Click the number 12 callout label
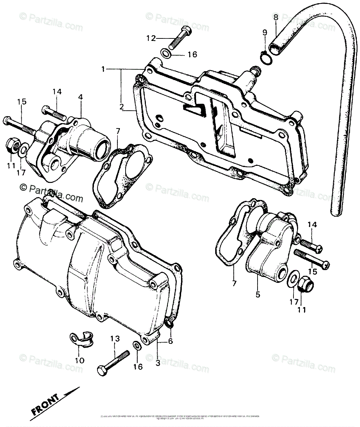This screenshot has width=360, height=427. point(151,38)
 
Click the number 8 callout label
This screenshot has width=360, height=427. point(275,16)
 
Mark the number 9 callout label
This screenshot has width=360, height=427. point(264,32)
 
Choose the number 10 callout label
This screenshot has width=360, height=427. point(80,360)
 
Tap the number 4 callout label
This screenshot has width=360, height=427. point(81,97)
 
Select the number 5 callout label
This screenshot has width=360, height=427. point(258,294)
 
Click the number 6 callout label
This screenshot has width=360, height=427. point(171,341)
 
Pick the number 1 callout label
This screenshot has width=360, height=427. point(103,69)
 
